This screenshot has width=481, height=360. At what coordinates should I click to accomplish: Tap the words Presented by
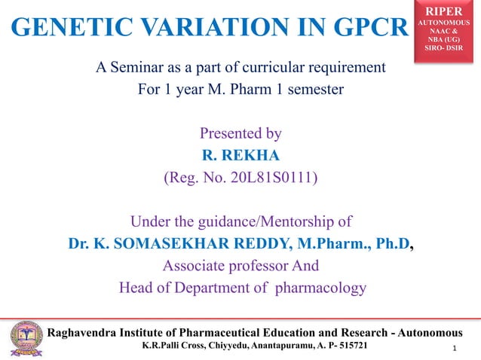click(x=240, y=134)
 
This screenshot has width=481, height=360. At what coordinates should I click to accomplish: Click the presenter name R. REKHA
click(x=240, y=156)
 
